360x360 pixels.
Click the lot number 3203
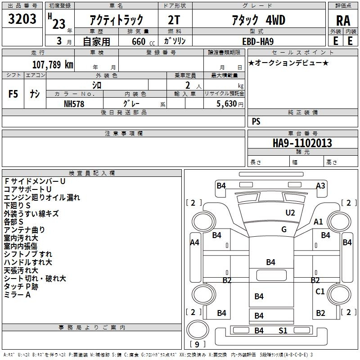(x=22, y=19)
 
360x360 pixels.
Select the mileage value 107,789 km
(x=53, y=65)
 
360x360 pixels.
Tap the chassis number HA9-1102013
(x=302, y=143)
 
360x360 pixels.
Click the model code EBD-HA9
(x=258, y=41)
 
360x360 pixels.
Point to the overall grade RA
(x=343, y=21)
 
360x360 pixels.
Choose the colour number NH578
(x=74, y=104)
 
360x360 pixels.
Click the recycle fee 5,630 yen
(x=230, y=104)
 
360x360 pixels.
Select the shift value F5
(x=13, y=94)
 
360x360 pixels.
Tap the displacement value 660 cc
(x=143, y=42)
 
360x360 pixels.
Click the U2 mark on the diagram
(x=290, y=213)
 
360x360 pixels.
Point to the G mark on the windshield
(x=284, y=229)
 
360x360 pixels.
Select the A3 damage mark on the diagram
(x=320, y=185)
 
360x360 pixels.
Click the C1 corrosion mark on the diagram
(x=320, y=291)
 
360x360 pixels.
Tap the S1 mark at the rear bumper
(x=283, y=331)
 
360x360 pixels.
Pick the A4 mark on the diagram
(x=195, y=242)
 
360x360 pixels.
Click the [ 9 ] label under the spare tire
(x=197, y=344)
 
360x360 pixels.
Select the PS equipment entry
(x=256, y=121)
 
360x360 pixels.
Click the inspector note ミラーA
(x=17, y=295)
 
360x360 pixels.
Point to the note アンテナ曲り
(x=24, y=230)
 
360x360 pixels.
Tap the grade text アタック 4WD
(x=258, y=20)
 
